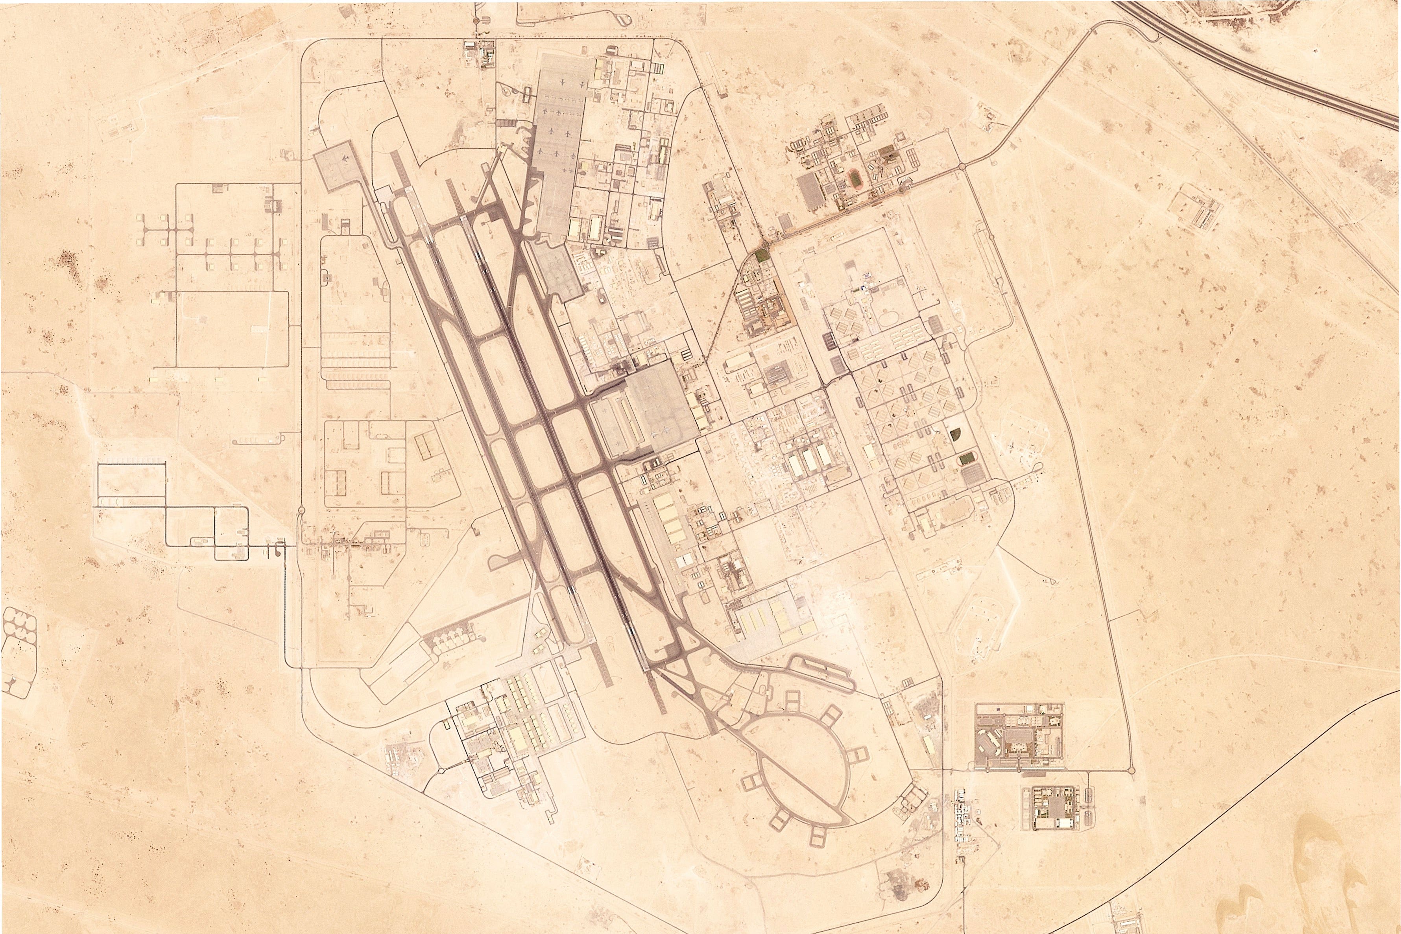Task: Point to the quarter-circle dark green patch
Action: coord(956,434)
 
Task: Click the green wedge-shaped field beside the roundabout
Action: coord(760,256)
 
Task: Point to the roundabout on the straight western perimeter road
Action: coord(300,511)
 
